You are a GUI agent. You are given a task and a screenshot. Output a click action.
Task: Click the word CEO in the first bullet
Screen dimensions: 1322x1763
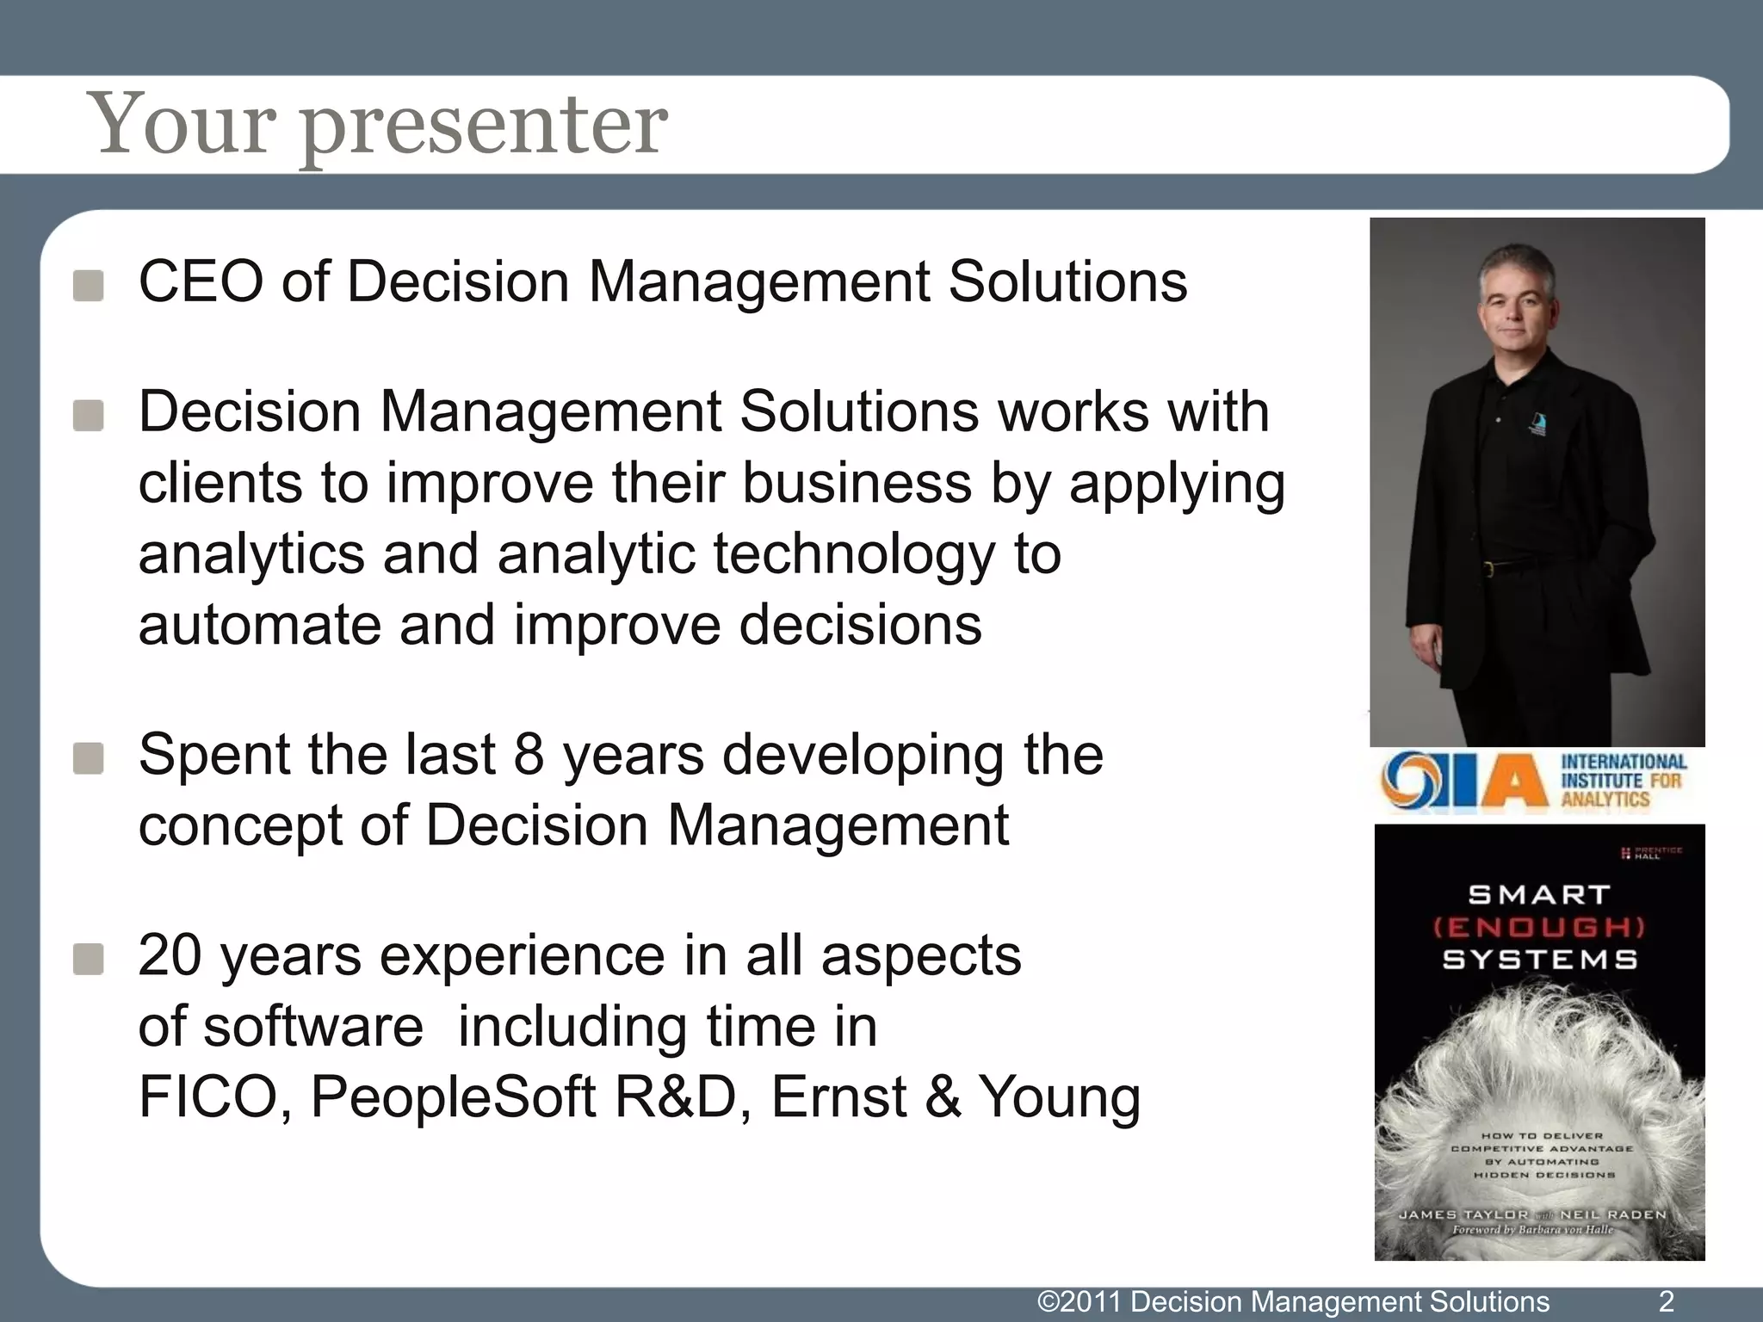pyautogui.click(x=200, y=281)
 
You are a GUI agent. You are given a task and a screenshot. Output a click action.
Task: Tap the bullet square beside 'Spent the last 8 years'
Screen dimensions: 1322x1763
pyautogui.click(x=89, y=758)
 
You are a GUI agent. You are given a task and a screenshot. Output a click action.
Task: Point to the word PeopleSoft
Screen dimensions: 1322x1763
pyautogui.click(x=453, y=1097)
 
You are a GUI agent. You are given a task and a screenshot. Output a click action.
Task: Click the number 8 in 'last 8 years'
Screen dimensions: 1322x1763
pyautogui.click(x=529, y=755)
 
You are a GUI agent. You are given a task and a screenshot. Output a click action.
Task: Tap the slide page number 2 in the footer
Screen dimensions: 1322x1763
pyautogui.click(x=1666, y=1301)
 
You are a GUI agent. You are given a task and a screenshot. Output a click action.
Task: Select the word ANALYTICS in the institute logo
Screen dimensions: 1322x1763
pyautogui.click(x=1605, y=800)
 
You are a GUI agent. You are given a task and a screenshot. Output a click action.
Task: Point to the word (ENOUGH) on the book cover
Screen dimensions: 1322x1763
pyautogui.click(x=1539, y=927)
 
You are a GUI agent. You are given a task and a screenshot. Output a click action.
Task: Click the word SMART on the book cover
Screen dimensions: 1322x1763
pyautogui.click(x=1539, y=895)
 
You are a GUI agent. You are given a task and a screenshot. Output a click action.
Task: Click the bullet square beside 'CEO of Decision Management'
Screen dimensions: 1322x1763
pyautogui.click(x=89, y=286)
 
